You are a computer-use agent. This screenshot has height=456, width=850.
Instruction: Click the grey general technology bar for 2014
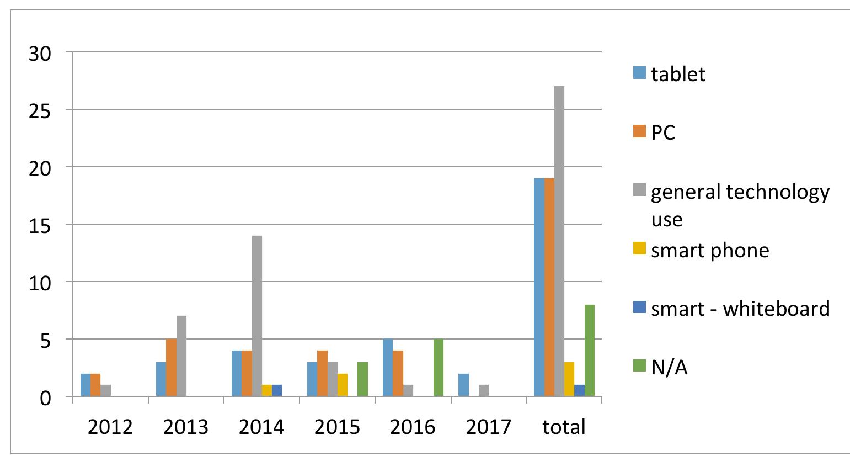(x=257, y=316)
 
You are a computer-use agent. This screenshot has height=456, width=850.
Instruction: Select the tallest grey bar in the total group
(x=559, y=241)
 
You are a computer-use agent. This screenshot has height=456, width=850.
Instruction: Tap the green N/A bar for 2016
(x=439, y=368)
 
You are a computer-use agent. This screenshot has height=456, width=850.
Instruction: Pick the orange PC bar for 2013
(x=171, y=368)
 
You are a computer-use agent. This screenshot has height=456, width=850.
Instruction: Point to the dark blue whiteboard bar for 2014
(x=277, y=390)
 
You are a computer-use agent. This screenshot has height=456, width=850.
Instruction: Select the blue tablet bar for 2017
(x=463, y=385)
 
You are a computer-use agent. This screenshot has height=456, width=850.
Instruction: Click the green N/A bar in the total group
(x=590, y=351)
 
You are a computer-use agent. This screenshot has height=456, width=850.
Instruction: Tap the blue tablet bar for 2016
(x=388, y=368)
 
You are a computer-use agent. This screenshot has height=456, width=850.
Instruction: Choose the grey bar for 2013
(x=181, y=356)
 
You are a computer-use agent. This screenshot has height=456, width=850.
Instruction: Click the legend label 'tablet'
(x=678, y=74)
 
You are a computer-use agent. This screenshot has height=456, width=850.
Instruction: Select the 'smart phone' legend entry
(x=710, y=250)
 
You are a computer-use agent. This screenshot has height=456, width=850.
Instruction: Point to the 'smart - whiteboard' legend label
(x=740, y=308)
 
